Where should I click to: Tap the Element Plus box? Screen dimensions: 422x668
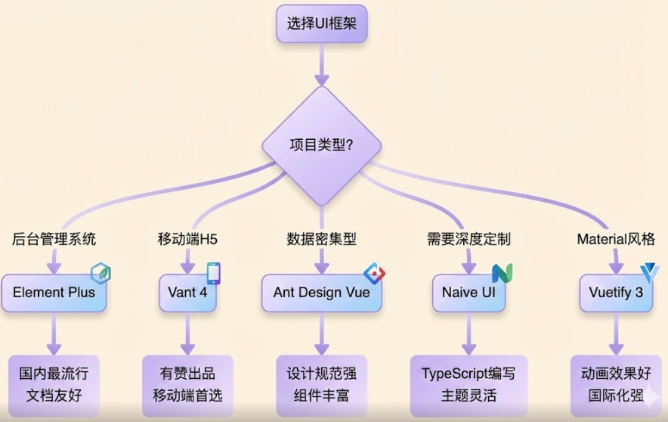[x=54, y=292]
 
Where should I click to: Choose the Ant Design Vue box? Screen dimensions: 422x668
[x=321, y=292]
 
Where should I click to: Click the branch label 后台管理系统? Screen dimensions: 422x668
[x=54, y=240]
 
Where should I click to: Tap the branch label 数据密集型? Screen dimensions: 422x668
[x=321, y=240]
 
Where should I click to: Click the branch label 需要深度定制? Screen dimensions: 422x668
[x=468, y=240]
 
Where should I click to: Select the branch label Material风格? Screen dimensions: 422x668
[x=615, y=240]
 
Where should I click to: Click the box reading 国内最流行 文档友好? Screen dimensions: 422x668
[x=54, y=384]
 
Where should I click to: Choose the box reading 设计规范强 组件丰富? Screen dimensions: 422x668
[x=321, y=384]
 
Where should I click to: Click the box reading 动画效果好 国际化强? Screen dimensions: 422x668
[x=615, y=384]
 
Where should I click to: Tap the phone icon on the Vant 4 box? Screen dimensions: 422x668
[x=214, y=273]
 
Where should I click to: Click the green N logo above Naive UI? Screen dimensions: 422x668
[x=502, y=273]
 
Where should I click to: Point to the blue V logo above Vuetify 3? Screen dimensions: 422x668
[x=649, y=273]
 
